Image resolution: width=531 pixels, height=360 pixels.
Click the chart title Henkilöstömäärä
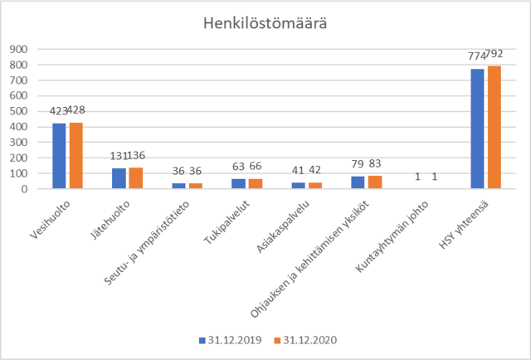265,22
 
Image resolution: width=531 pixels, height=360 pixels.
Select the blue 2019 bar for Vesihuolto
59,156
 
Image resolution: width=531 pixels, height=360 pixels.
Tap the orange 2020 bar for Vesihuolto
76,155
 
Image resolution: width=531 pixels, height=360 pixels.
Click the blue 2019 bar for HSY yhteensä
477,129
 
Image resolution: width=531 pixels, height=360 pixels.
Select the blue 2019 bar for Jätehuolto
119,178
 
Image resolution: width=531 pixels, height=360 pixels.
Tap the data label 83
374,164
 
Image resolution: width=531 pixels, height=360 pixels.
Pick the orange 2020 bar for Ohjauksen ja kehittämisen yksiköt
375,182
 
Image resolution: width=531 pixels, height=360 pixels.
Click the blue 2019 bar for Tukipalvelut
238,183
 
